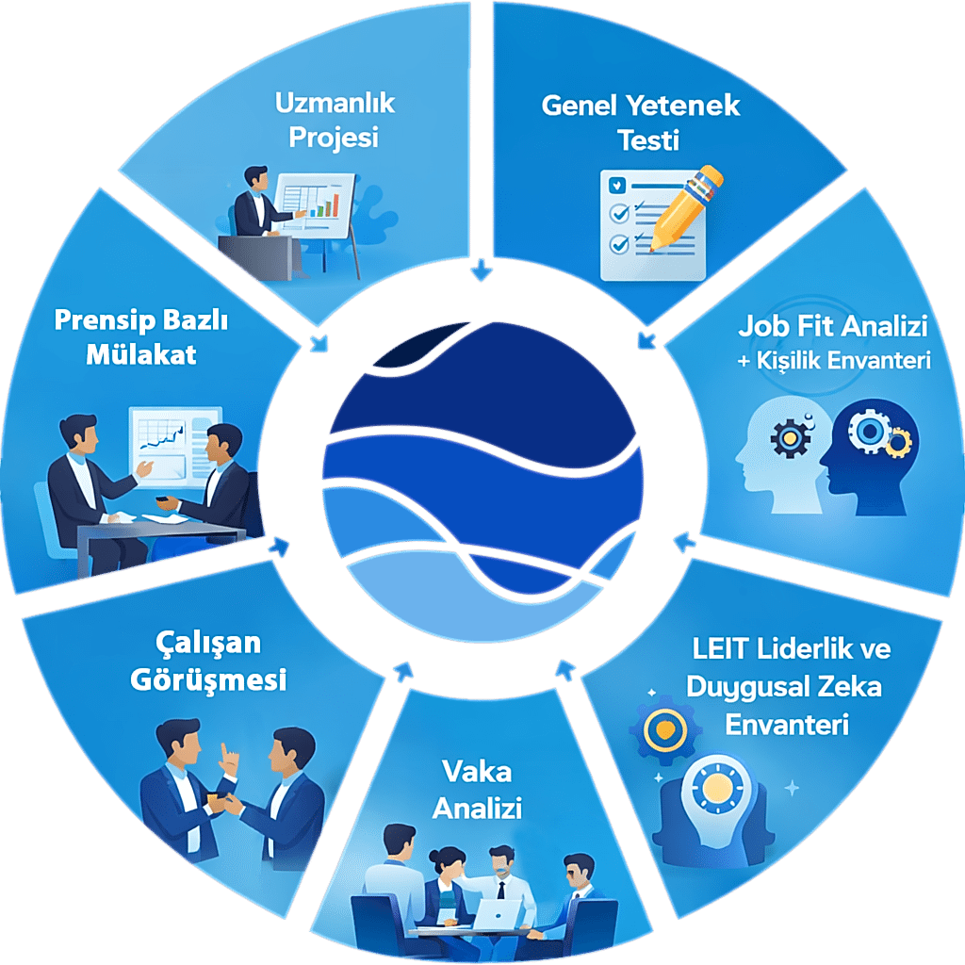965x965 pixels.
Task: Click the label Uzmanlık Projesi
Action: [x=335, y=120]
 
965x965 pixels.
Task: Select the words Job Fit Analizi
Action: [x=832, y=327]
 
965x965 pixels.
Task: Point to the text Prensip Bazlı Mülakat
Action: [x=141, y=336]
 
